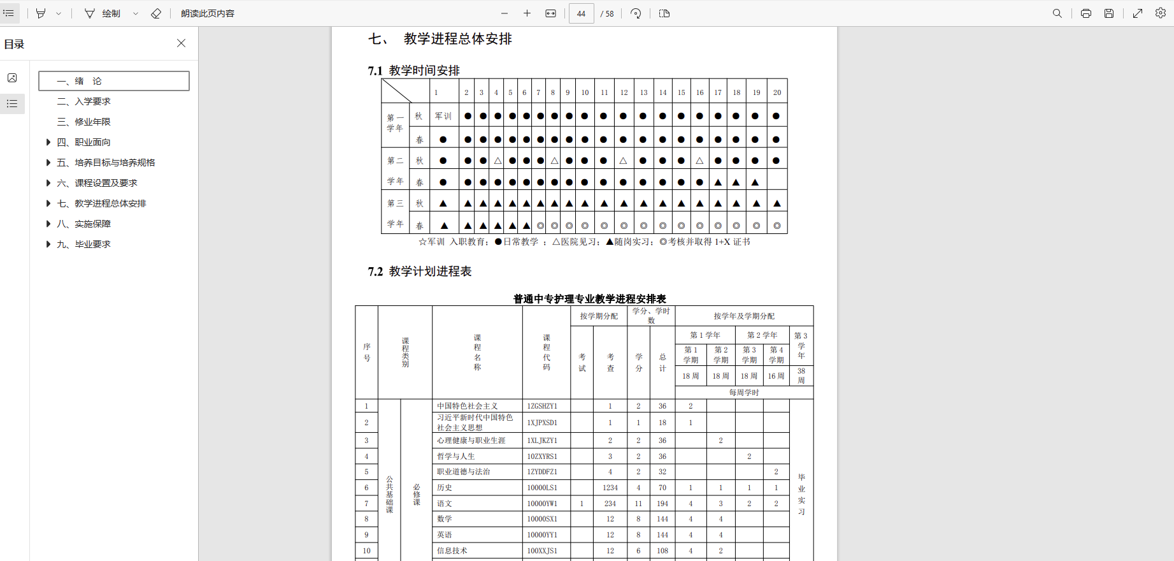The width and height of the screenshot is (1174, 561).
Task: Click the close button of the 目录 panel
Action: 182,43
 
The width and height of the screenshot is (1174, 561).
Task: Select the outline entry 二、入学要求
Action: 92,101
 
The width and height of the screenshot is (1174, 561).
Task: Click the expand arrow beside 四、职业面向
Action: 48,142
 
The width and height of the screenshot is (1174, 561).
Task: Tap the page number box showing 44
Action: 581,13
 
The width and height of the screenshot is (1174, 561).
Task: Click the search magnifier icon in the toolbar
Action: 1057,13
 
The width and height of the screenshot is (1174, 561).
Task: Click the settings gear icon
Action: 1161,13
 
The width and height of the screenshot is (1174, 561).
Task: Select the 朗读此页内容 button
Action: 208,13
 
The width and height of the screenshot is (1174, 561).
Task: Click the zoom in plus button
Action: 527,13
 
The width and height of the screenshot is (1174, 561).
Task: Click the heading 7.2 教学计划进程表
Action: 420,272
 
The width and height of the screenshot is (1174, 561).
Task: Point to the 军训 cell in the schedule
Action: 443,116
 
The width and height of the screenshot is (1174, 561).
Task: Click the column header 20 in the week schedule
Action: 777,92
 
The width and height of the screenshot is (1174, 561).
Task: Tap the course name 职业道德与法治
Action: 464,472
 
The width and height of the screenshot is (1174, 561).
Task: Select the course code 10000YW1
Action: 542,504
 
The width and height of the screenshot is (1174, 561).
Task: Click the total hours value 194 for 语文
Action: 662,504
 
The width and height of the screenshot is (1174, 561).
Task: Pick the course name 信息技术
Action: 452,551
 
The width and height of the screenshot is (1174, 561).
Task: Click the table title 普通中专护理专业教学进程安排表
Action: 589,298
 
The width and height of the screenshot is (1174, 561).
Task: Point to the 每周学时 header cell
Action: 744,393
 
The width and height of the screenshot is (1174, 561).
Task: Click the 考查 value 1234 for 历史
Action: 610,488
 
